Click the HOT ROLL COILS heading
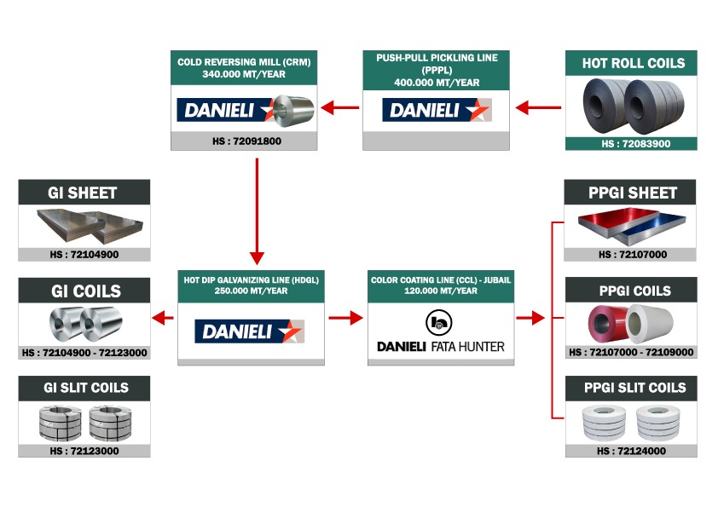click(x=634, y=63)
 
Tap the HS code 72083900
click(x=635, y=144)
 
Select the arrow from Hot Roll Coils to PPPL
click(x=538, y=108)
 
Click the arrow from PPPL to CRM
click(x=340, y=108)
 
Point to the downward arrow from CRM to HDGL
click(x=257, y=211)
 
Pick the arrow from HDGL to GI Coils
click(x=163, y=318)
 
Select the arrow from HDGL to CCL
click(x=345, y=318)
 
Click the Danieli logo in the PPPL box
click(x=437, y=110)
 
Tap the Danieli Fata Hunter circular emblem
click(x=439, y=323)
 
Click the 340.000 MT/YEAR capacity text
click(x=244, y=74)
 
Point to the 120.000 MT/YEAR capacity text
click(x=441, y=291)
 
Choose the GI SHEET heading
click(x=83, y=193)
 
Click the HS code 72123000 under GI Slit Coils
click(x=84, y=451)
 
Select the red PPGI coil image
click(x=608, y=324)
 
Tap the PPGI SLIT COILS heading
click(x=635, y=388)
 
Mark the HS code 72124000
click(x=632, y=451)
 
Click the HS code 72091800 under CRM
click(x=246, y=141)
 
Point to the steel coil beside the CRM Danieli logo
click(x=293, y=111)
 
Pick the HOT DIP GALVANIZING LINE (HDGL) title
click(x=252, y=280)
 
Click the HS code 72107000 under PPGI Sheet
click(x=633, y=255)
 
